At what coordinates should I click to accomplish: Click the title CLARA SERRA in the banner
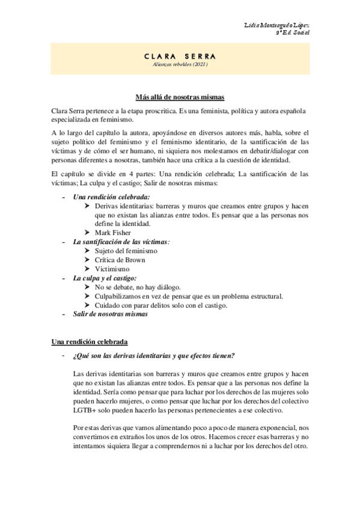[x=180, y=57]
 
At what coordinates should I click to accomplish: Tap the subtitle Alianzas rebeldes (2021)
[x=180, y=65]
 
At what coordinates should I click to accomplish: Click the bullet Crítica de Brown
[x=120, y=260]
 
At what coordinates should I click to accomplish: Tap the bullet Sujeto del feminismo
[x=126, y=250]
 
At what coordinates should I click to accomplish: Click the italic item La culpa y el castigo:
[x=105, y=278]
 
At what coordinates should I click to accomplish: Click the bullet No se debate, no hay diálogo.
[x=138, y=287]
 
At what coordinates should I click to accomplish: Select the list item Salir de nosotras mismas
[x=110, y=315]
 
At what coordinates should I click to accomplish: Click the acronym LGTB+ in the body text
[x=86, y=410]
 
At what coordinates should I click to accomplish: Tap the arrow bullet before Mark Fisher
[x=88, y=232]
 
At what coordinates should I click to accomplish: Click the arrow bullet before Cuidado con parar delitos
[x=88, y=306]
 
